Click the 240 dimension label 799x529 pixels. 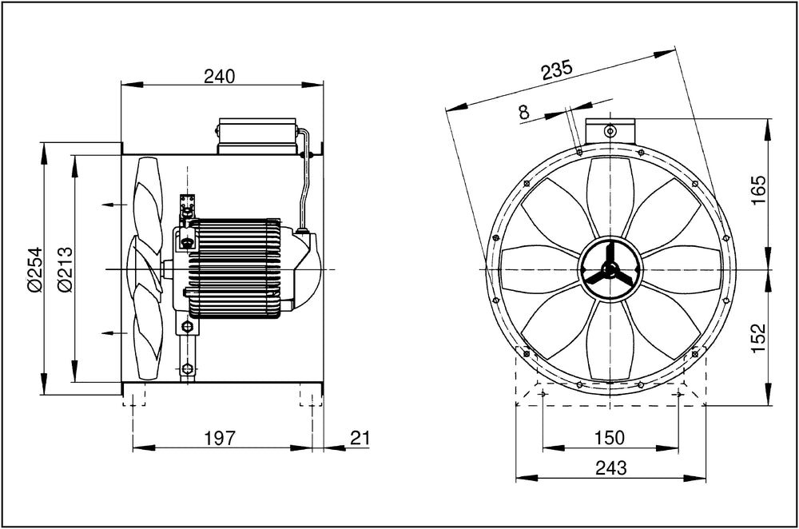(219, 76)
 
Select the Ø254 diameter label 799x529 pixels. (33, 269)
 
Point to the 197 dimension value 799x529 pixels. (219, 437)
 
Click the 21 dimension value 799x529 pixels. (360, 437)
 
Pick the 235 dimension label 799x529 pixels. (556, 70)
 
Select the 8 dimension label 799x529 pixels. (523, 113)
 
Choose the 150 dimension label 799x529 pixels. (610, 437)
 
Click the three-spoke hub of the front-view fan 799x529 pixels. (610, 269)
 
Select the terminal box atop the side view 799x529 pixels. (257, 136)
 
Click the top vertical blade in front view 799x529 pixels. (610, 197)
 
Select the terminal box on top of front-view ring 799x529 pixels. (610, 129)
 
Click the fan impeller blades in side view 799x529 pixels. (146, 269)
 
